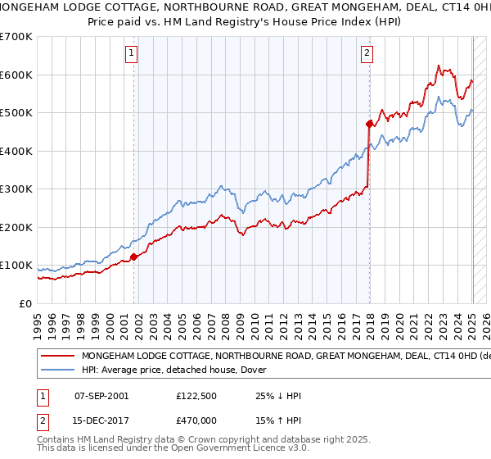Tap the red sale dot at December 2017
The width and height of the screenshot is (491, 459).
tap(369, 124)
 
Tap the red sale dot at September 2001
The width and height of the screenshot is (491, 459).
tap(133, 257)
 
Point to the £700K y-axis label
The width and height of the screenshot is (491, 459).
tap(17, 37)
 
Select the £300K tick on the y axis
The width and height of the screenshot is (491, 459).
tap(17, 189)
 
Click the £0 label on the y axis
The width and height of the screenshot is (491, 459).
tap(26, 303)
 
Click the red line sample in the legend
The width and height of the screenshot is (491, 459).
tap(58, 357)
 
